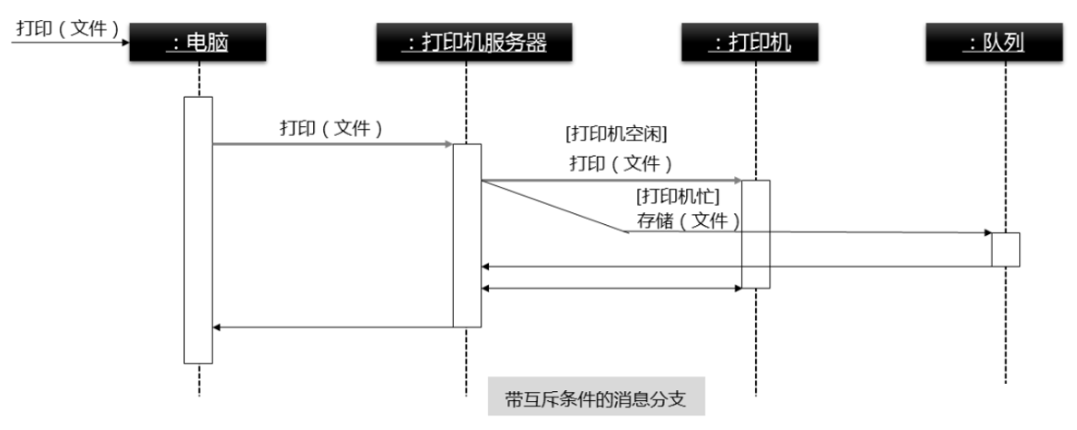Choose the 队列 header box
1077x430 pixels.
click(x=1004, y=42)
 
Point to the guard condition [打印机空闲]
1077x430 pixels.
click(x=616, y=134)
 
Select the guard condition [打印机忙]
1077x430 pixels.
click(x=679, y=197)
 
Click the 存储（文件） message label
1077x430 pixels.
click(x=687, y=220)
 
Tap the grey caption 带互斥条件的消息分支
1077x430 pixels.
click(x=595, y=396)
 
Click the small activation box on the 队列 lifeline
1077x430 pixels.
click(x=1005, y=249)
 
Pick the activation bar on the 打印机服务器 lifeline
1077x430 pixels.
click(x=466, y=235)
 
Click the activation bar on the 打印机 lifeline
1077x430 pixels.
click(x=756, y=234)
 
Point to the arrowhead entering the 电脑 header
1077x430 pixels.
click(x=124, y=42)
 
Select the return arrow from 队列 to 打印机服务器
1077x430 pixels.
click(x=735, y=267)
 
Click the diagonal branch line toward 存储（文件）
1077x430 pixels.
click(x=554, y=206)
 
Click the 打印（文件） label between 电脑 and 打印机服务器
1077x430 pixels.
click(x=331, y=128)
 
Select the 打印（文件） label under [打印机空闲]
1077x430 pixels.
click(x=621, y=165)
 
